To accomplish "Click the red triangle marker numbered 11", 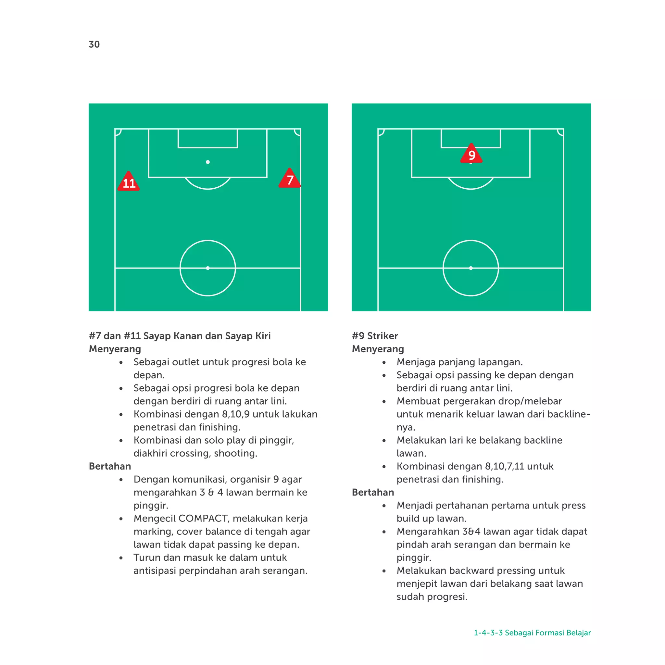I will [x=129, y=182].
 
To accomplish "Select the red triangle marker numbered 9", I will [x=471, y=154].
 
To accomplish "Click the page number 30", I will [x=94, y=44].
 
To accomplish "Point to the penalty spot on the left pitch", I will [x=208, y=162].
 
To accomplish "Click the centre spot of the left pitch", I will [x=208, y=268].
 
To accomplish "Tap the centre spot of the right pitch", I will [x=471, y=268].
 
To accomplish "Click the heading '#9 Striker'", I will [x=375, y=336].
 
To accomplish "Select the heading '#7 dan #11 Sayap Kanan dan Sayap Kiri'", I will [x=180, y=336].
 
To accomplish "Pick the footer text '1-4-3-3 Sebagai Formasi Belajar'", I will [x=532, y=633].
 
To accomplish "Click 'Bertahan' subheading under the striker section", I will [x=373, y=493].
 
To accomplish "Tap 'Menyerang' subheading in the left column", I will [x=115, y=349].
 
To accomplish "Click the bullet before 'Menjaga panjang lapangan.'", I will [x=384, y=362].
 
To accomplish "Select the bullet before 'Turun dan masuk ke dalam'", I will [x=121, y=558].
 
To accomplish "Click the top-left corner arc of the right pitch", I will [x=381, y=132].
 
